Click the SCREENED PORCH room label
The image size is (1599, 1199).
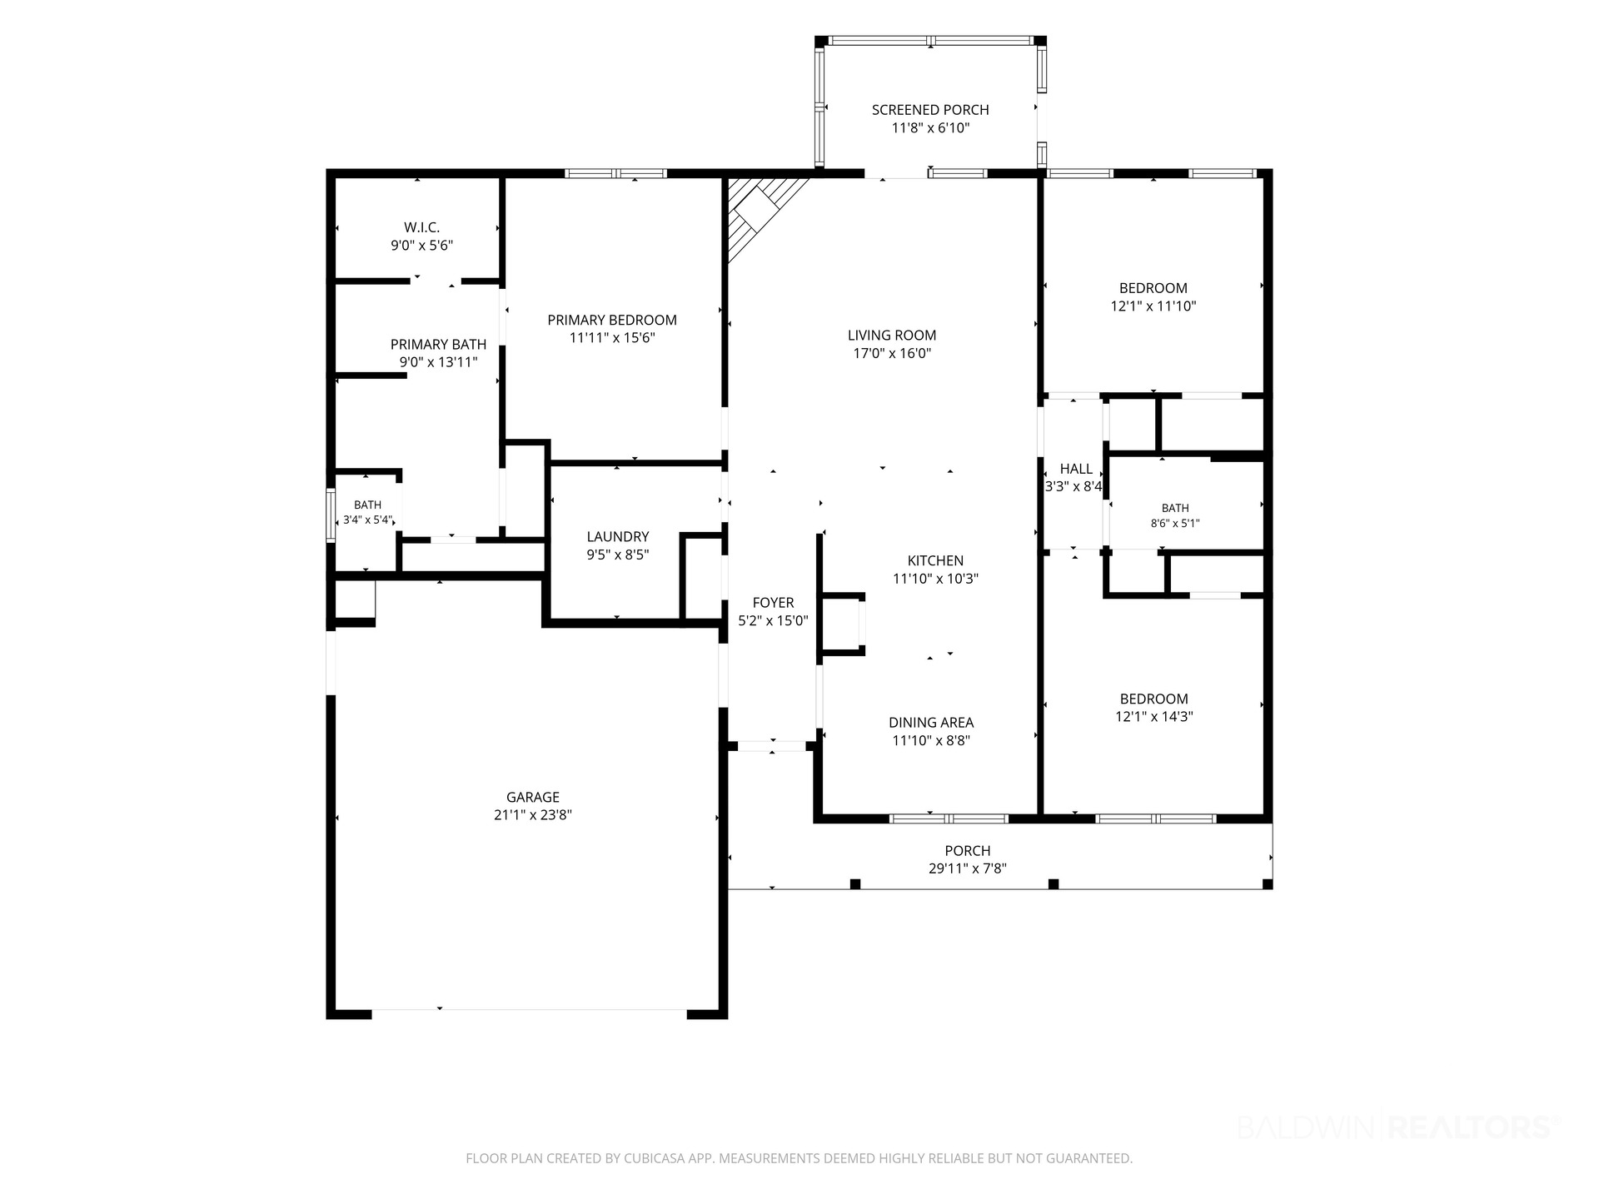point(930,110)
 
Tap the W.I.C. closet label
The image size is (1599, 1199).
point(421,227)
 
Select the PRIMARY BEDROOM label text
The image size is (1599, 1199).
point(612,320)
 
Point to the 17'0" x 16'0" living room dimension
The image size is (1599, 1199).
point(892,353)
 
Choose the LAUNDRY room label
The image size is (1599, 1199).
point(617,537)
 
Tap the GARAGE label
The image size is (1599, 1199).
point(533,797)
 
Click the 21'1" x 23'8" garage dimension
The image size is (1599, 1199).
point(533,815)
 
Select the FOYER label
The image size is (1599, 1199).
point(773,603)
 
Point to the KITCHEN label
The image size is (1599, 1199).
point(935,561)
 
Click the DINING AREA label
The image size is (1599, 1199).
point(931,723)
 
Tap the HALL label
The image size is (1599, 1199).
point(1076,470)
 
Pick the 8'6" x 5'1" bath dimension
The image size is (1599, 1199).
point(1175,524)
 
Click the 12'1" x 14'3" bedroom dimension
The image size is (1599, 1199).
point(1154,716)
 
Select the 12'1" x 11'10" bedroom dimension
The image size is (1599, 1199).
point(1153,306)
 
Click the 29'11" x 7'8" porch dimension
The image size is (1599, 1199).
point(968,868)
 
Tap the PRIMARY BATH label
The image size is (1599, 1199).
point(438,345)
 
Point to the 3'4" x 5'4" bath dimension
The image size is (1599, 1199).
point(368,520)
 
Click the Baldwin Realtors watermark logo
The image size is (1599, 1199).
point(1397,1127)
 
